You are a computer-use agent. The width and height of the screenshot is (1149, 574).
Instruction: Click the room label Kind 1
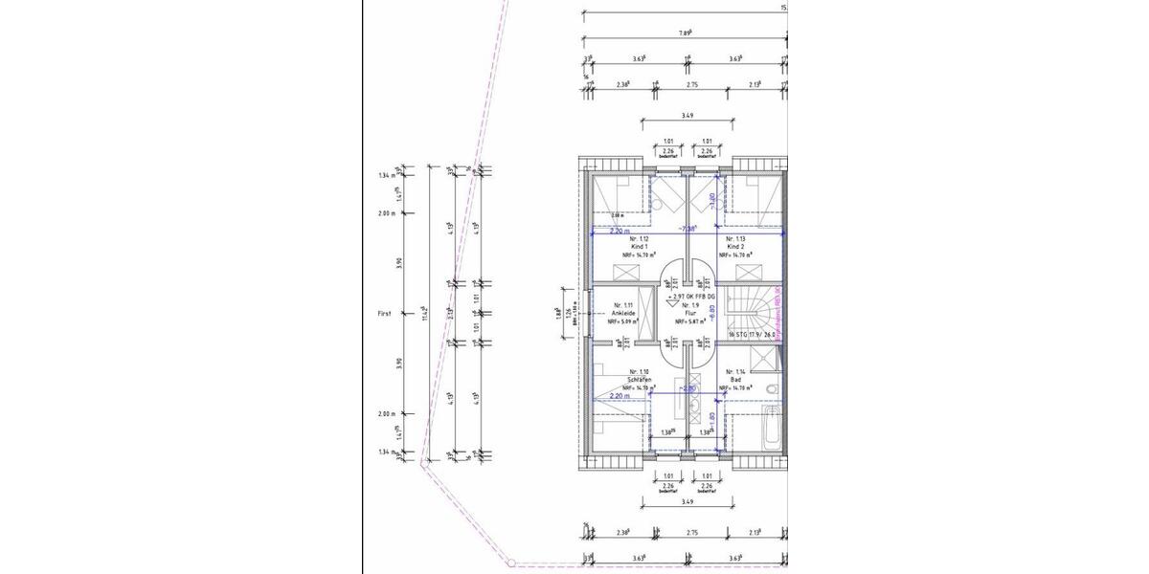tap(640, 247)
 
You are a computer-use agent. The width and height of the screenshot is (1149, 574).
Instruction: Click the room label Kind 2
tap(735, 247)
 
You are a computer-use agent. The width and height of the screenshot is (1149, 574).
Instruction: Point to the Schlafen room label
tap(640, 380)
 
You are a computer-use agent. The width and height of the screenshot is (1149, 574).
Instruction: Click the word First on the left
tap(386, 314)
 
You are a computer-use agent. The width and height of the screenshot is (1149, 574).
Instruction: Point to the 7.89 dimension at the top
tap(686, 32)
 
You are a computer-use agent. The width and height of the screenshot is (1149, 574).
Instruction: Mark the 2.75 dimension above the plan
tap(692, 84)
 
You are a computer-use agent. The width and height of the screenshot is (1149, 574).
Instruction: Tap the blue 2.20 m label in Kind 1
tap(620, 231)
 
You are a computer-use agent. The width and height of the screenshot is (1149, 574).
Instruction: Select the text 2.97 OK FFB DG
tap(690, 298)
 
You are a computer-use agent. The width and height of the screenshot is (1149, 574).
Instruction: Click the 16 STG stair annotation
tap(751, 335)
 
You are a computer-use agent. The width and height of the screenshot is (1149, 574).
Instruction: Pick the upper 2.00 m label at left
tap(386, 213)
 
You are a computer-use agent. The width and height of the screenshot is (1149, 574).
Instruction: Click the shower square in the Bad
tap(762, 358)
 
